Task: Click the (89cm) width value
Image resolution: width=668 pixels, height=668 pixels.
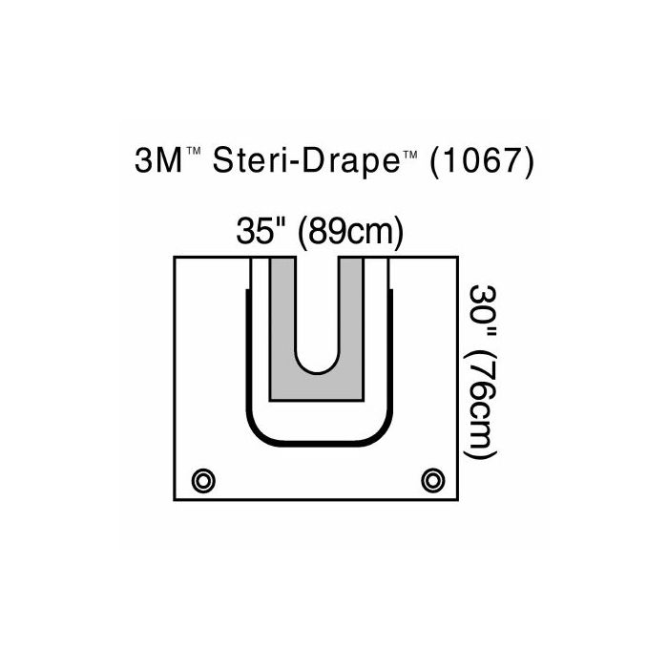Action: pyautogui.click(x=348, y=233)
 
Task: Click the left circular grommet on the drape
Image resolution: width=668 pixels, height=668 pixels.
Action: pyautogui.click(x=201, y=478)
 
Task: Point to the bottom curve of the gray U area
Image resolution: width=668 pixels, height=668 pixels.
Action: pyautogui.click(x=317, y=391)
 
